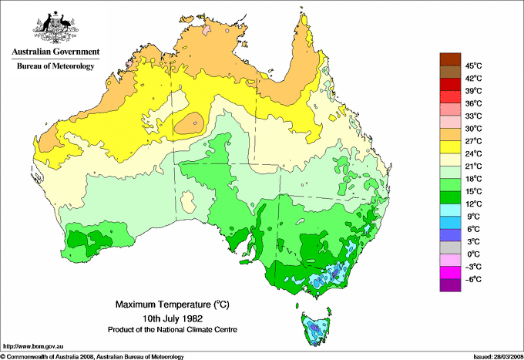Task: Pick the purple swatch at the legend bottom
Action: click(449, 285)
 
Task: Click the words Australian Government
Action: click(55, 52)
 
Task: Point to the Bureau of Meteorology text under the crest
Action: click(55, 66)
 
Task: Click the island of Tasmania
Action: click(315, 328)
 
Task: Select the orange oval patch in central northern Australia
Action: click(190, 123)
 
